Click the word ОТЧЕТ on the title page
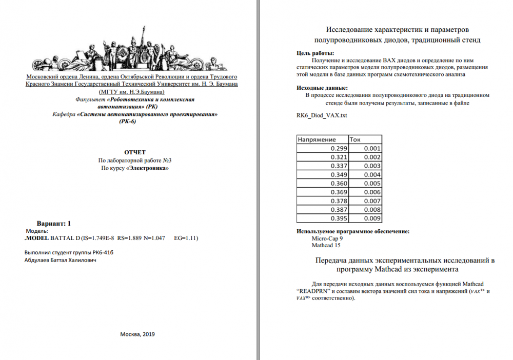pos(135,152)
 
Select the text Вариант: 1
pos(54,224)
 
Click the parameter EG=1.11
pos(186,238)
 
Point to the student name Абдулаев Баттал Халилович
pos(60,260)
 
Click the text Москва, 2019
pos(137,334)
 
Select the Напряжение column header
pos(317,139)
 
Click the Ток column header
pos(354,139)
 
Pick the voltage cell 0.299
pos(339,148)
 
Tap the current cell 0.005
pos(372,183)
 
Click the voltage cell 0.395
pos(339,218)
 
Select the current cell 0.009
pos(372,218)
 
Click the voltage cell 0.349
pos(339,174)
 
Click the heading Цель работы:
pos(315,53)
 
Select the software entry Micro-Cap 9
pos(327,238)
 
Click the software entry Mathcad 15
pos(326,245)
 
